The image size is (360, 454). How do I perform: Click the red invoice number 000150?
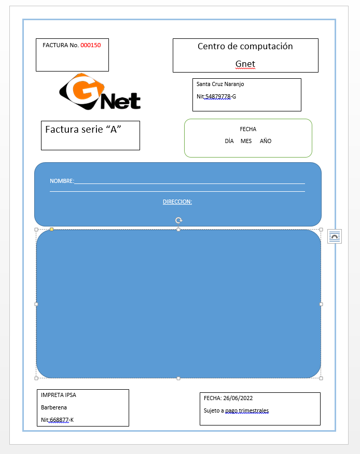point(91,45)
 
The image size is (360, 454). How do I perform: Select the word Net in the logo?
point(120,101)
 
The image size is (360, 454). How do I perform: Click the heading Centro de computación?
point(245,46)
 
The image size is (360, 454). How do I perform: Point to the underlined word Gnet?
point(245,64)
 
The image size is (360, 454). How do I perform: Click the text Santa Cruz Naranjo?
point(220,84)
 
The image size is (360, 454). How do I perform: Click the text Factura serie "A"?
point(83,129)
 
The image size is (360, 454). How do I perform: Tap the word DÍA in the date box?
point(229,141)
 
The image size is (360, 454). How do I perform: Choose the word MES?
point(246,141)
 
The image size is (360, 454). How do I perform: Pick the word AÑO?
point(266,141)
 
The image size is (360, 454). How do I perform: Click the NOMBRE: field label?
point(62,181)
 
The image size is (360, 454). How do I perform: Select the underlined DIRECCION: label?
point(177,202)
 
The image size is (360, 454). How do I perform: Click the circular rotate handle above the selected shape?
point(178,220)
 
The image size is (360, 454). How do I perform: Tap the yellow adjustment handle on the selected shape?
point(51,229)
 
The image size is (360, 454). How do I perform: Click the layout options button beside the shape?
point(335,236)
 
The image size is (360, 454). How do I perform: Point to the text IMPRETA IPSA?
point(59,395)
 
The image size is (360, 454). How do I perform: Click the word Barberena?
point(54,407)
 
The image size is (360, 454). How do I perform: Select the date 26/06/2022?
point(238,398)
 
